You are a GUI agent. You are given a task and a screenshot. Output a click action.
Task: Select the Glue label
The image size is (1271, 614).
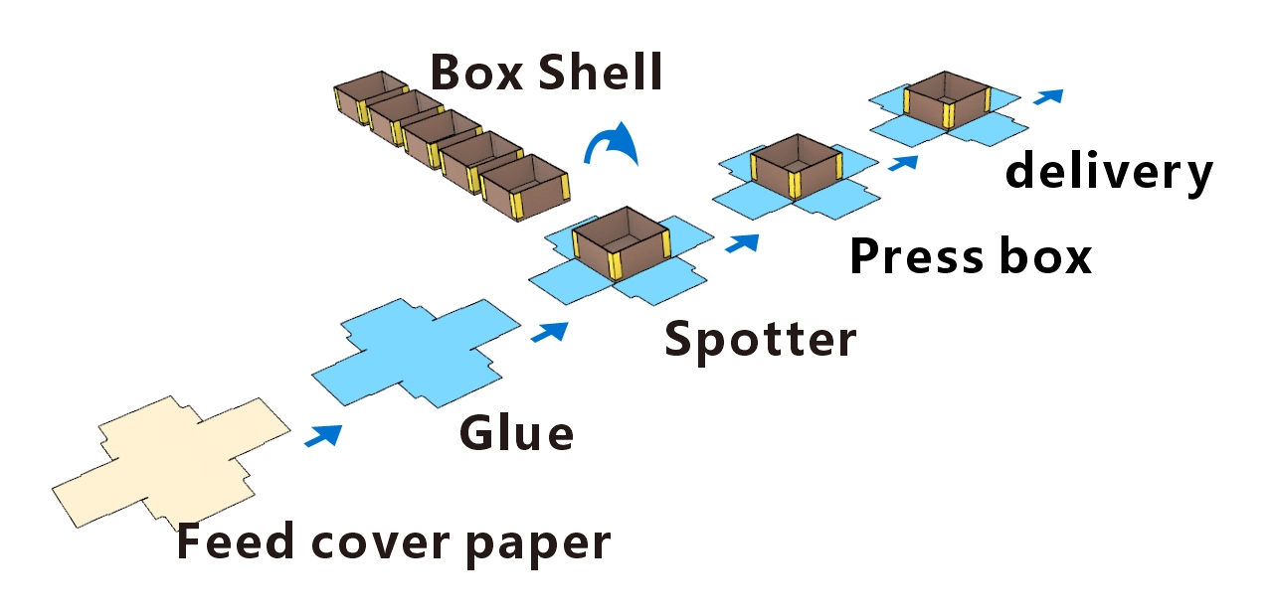[x=516, y=433]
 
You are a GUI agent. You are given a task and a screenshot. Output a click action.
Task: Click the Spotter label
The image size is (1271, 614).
[x=760, y=340]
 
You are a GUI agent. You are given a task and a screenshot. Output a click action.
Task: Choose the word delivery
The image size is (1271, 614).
[x=1108, y=173]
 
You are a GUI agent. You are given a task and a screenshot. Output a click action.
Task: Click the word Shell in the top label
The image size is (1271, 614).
[x=601, y=73]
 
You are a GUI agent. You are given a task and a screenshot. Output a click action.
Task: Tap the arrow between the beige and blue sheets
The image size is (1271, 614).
[x=323, y=435]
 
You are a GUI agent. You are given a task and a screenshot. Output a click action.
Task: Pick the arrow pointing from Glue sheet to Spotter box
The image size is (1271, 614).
[x=550, y=332]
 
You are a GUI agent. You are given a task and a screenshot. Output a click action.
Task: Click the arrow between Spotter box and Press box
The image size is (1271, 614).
[x=742, y=242]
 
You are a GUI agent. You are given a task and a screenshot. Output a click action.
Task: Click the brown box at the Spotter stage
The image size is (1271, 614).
[x=618, y=242]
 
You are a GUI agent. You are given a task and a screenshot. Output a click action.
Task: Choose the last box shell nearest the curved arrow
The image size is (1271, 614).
[x=524, y=189]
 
